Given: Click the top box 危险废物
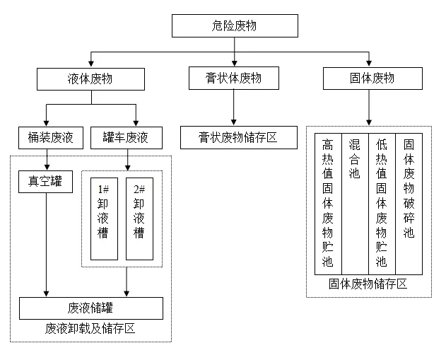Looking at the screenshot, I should click(x=234, y=26).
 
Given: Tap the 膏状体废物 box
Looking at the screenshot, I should click(x=234, y=79).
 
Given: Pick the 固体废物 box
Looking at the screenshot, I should click(x=368, y=79).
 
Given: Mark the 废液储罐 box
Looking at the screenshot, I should click(x=91, y=308).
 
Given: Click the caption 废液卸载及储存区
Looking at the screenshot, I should click(x=90, y=330).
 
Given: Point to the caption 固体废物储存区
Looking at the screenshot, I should click(x=368, y=284).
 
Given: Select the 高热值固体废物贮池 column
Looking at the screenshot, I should click(x=328, y=203).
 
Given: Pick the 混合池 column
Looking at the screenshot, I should click(x=355, y=203).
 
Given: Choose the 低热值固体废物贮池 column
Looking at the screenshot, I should click(x=382, y=203).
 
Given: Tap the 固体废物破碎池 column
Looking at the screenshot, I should click(x=409, y=203).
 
